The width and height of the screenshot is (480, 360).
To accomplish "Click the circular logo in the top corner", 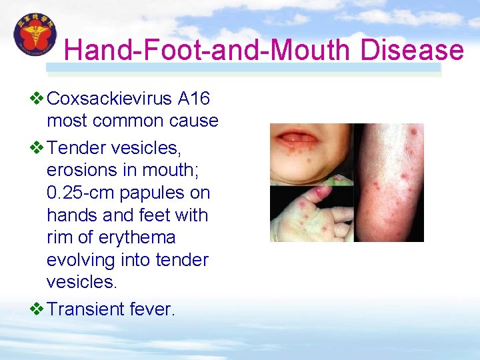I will (x=35, y=34).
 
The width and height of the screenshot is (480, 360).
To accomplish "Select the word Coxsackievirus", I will (x=110, y=99).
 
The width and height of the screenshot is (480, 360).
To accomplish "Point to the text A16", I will (x=194, y=99).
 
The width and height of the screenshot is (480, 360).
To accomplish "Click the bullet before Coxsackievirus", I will (x=37, y=99).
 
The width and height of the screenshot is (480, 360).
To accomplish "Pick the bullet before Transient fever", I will (x=37, y=309).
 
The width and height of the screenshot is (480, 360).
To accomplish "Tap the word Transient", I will (x=87, y=309).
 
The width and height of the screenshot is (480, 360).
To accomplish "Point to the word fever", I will (x=153, y=309).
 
